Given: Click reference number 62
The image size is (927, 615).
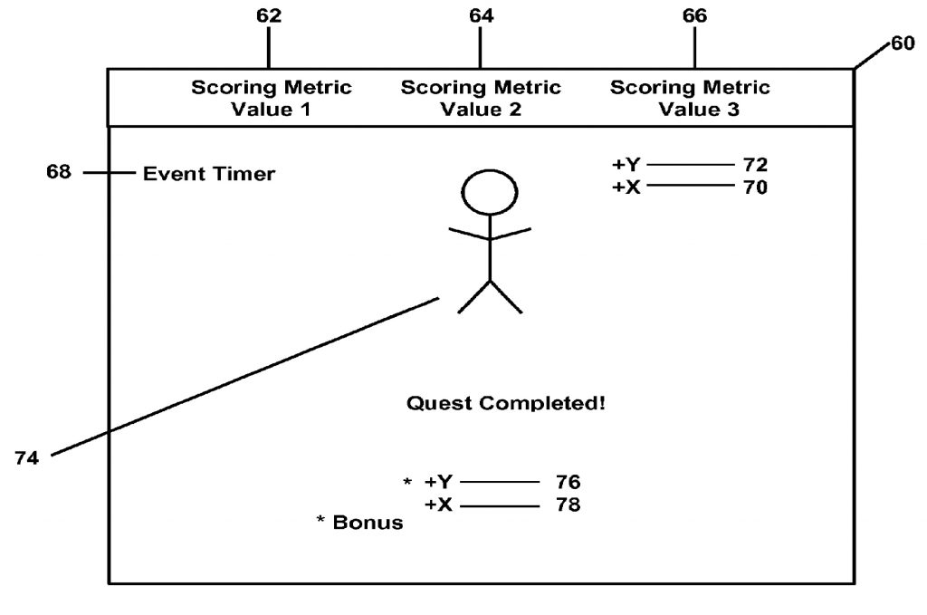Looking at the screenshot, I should (x=269, y=16).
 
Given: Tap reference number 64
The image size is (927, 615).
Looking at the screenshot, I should (x=482, y=16).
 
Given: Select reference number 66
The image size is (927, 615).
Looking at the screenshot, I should (x=694, y=16).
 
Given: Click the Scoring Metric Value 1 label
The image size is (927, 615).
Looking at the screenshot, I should (x=271, y=99).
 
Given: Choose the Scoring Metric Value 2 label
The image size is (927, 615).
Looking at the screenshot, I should (x=481, y=99).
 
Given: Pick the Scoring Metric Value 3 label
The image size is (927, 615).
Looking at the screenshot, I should (x=690, y=99).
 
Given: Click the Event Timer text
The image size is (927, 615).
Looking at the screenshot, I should (x=209, y=174).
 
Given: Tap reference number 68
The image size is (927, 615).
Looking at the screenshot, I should (x=59, y=172).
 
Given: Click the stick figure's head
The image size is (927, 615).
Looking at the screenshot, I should (x=490, y=191).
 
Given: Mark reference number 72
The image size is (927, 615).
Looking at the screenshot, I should (x=755, y=165).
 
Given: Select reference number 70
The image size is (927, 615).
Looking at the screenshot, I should (x=755, y=188).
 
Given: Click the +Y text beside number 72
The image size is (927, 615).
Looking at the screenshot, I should (x=626, y=165).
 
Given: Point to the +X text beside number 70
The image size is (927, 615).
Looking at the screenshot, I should (x=626, y=188).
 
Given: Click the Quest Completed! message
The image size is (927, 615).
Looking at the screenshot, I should (x=506, y=403).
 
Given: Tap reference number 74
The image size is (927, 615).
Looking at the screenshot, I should (x=26, y=459).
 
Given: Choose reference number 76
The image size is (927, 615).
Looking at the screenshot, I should (x=569, y=482).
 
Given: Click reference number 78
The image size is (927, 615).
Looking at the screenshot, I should (x=569, y=504).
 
